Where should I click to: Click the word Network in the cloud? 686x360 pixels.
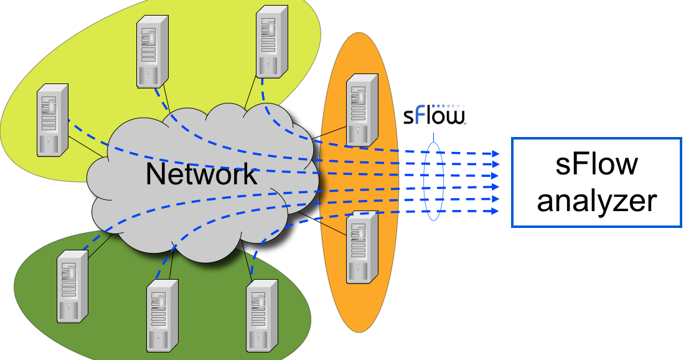(200, 174)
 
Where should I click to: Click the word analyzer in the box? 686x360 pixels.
(597, 201)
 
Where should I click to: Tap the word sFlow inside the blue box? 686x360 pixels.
(597, 165)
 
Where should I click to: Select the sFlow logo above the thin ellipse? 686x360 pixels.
(434, 116)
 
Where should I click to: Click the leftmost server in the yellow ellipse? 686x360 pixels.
(53, 120)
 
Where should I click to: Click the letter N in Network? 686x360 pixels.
(155, 174)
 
